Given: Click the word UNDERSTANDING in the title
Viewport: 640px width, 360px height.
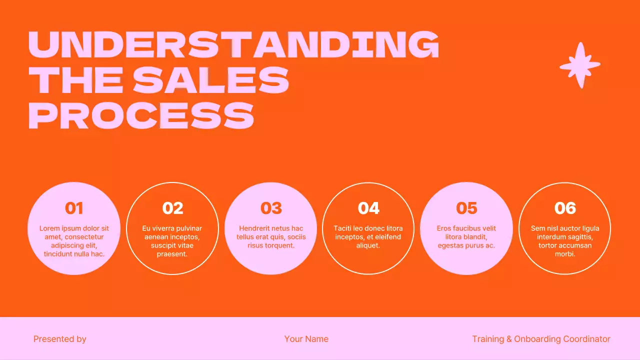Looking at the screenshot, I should (233, 44).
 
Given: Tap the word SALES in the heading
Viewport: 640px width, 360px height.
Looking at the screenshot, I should (211, 80).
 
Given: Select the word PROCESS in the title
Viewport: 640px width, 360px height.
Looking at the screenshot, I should (141, 115).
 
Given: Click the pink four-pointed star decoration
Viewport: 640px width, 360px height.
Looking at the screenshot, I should (580, 65).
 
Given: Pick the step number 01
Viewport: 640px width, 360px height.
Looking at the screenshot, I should (74, 208).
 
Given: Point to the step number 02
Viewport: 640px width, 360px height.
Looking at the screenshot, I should (172, 208).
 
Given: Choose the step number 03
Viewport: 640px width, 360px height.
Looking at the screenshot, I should (271, 208).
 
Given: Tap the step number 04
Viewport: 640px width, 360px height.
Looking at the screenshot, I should (368, 208).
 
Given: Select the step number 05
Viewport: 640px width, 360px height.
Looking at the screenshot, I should (466, 208).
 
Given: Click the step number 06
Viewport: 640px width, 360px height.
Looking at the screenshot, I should (565, 208).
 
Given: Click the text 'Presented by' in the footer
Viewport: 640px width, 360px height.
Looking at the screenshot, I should (60, 339).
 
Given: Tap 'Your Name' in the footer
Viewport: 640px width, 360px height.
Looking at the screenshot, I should (306, 339).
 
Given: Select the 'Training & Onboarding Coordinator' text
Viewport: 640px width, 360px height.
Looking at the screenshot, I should (541, 339).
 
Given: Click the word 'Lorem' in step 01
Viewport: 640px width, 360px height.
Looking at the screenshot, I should (49, 228).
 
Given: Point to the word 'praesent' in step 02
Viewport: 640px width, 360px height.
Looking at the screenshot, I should (171, 254).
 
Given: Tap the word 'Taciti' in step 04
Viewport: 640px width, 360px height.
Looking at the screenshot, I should (342, 228).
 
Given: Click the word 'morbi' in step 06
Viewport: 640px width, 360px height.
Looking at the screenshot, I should (564, 254).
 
